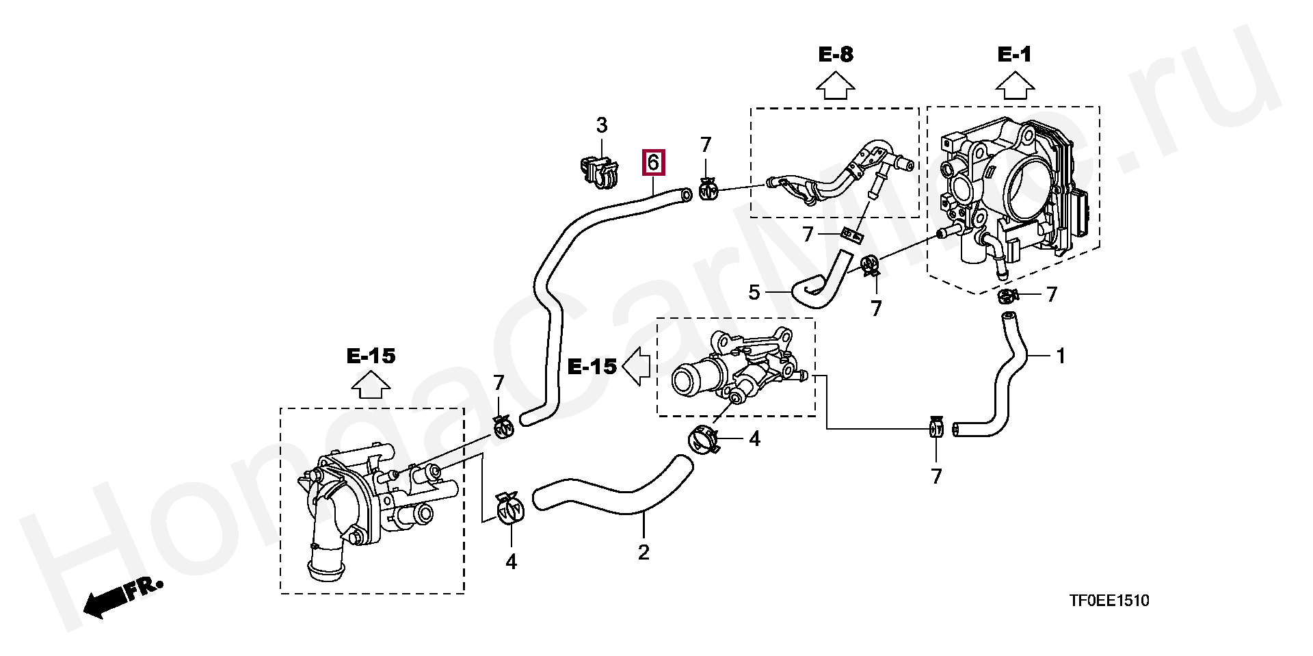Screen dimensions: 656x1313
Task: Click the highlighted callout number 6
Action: coord(652,163)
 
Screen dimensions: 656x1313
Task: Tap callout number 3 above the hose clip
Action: coord(601,126)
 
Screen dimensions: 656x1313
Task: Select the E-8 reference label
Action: coord(836,55)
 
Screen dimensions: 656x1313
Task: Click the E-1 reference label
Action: coord(1014,55)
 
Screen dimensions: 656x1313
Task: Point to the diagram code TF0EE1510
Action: coord(1109,601)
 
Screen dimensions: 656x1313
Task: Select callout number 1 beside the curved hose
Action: coord(1060,356)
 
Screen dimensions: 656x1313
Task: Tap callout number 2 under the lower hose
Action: coord(644,552)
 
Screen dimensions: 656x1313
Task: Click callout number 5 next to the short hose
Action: coord(754,293)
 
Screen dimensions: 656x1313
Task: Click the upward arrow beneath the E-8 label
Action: coord(836,88)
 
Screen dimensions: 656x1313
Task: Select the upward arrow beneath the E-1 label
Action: coord(1014,88)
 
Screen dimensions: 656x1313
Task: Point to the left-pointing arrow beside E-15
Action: coord(637,367)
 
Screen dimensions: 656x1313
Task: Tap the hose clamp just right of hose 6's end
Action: coord(708,189)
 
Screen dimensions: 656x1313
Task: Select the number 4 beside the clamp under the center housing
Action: coord(754,439)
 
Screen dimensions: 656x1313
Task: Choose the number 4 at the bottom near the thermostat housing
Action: coord(511,562)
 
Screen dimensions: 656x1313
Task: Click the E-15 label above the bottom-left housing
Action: coord(371,356)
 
